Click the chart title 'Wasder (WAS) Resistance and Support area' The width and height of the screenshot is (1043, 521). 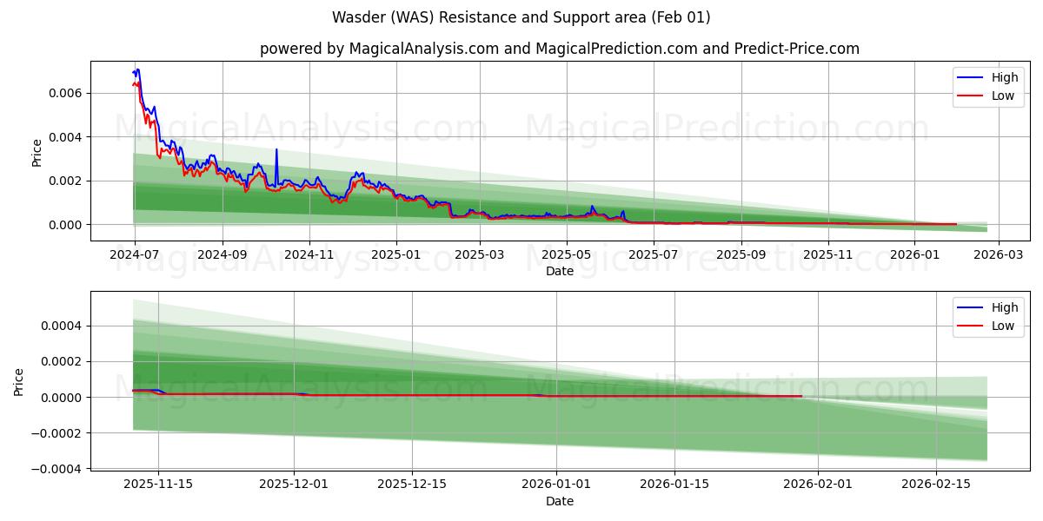coord(521,17)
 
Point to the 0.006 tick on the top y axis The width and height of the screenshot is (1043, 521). coord(64,93)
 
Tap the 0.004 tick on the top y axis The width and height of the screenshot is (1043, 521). coord(64,137)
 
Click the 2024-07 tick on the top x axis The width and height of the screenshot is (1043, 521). coord(134,254)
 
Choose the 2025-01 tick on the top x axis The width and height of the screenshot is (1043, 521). coord(396,254)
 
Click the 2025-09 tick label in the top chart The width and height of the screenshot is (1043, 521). coord(741,254)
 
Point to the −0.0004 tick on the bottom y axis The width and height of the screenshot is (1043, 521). coord(52,469)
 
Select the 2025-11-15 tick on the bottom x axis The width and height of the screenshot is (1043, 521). coord(157,485)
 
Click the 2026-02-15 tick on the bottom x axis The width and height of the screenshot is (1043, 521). coord(936,485)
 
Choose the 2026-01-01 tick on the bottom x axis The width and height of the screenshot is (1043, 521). coord(556,485)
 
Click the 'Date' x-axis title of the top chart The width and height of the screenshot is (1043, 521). coord(559,271)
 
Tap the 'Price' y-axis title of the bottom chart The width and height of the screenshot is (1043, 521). coord(19,381)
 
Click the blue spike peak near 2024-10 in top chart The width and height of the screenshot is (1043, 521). coord(276,149)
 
